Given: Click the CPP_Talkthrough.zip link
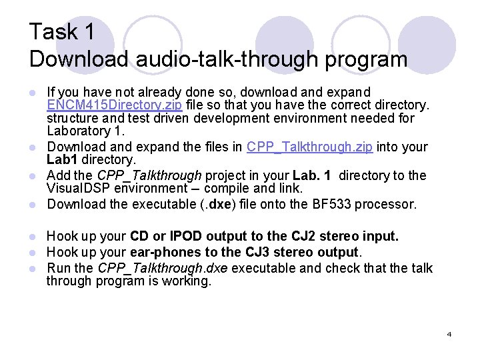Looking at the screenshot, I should (x=309, y=147).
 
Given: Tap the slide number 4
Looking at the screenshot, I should (x=449, y=334).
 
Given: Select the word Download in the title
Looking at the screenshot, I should (x=79, y=59).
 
